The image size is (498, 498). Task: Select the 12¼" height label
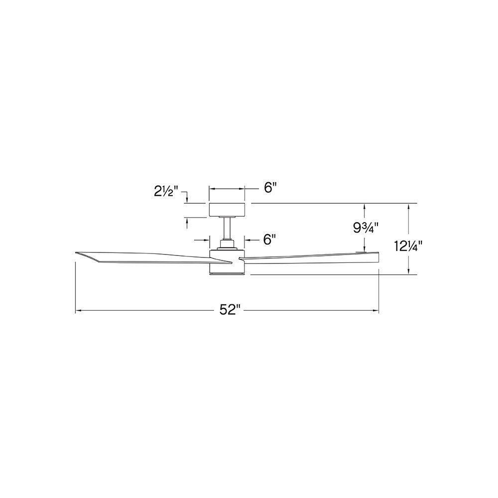click(x=408, y=246)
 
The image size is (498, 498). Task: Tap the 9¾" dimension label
click(x=366, y=228)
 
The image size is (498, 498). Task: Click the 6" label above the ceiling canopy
click(x=270, y=189)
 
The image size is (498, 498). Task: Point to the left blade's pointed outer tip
click(x=76, y=253)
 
